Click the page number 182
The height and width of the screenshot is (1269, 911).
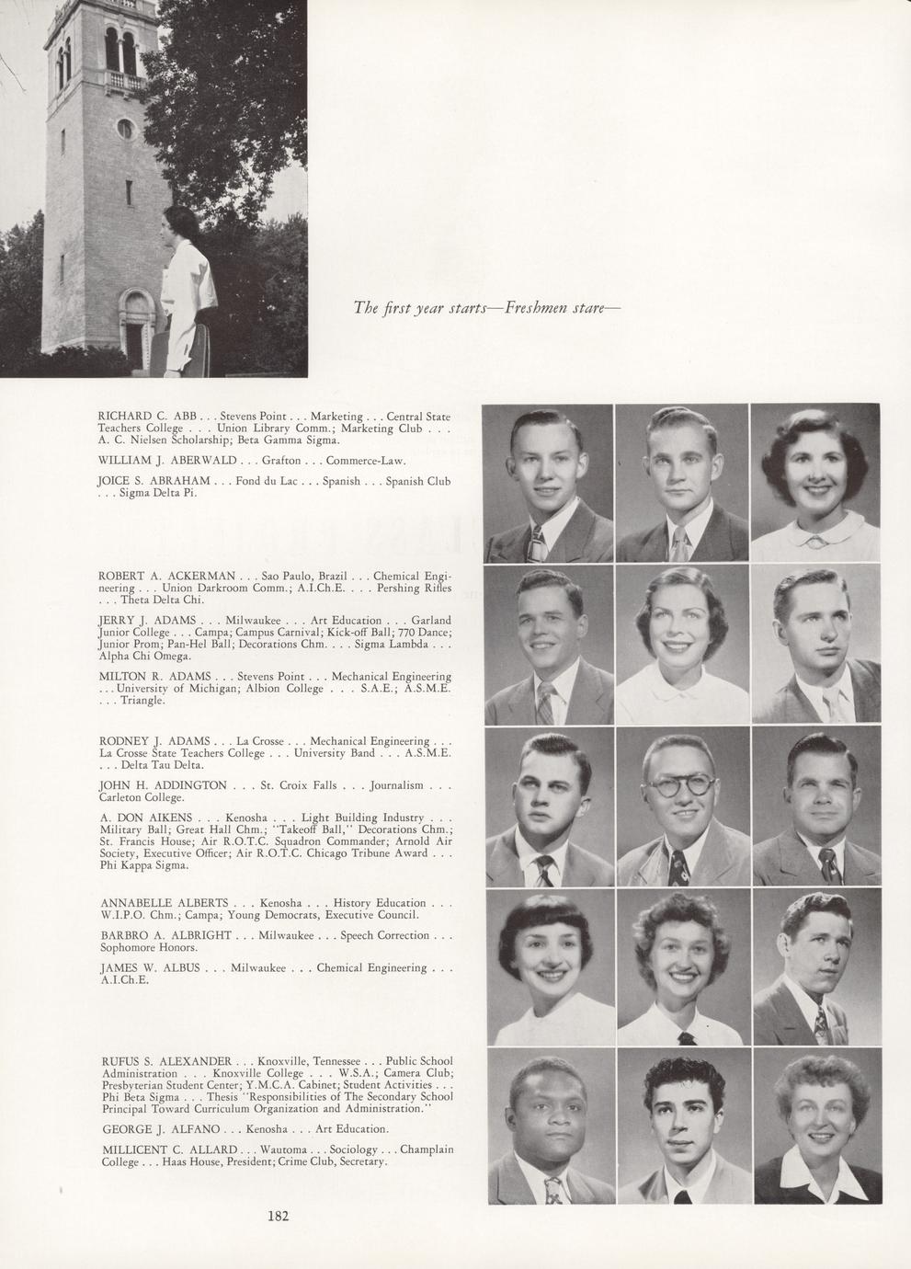click(x=279, y=1216)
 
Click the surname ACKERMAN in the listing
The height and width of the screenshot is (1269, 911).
click(x=199, y=576)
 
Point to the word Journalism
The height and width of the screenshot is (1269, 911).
click(x=396, y=785)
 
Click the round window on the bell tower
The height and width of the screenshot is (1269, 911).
click(x=125, y=128)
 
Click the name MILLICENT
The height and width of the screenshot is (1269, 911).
click(x=138, y=1149)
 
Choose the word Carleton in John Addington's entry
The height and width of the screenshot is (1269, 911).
click(x=121, y=797)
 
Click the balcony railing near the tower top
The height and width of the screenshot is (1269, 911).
click(x=126, y=81)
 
